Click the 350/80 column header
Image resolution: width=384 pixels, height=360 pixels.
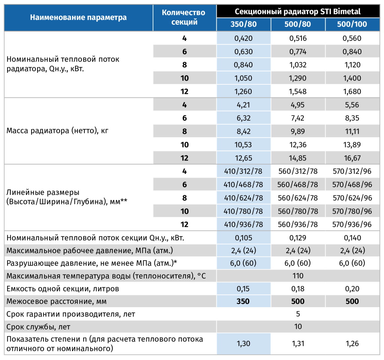pyautogui.click(x=243, y=24)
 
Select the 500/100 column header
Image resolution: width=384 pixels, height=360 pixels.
pyautogui.click(x=352, y=24)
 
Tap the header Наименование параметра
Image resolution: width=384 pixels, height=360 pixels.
pyautogui.click(x=78, y=17)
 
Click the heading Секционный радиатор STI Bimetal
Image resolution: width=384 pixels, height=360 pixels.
pyautogui.click(x=297, y=12)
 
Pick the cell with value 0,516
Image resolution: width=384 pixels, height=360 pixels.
pyautogui.click(x=298, y=38)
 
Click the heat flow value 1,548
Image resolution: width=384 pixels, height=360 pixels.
pyautogui.click(x=298, y=91)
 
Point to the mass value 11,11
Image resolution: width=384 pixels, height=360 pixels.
pyautogui.click(x=352, y=131)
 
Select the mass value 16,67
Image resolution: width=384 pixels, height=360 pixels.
pyautogui.click(x=352, y=158)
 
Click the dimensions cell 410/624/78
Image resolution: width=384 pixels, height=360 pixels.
pyautogui.click(x=243, y=198)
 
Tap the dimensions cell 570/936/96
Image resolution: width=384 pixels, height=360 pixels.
pyautogui.click(x=352, y=224)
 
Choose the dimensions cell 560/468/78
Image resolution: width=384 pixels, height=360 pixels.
pyautogui.click(x=297, y=184)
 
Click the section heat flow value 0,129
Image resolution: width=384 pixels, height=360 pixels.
pyautogui.click(x=298, y=237)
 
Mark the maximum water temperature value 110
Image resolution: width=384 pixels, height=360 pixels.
pyautogui.click(x=298, y=276)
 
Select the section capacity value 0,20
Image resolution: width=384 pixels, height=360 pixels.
pyautogui.click(x=352, y=288)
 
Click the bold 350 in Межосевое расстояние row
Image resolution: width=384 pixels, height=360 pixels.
pyautogui.click(x=243, y=301)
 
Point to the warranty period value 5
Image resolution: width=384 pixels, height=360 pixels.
pyautogui.click(x=298, y=314)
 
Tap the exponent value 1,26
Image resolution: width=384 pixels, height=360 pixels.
pyautogui.click(x=352, y=343)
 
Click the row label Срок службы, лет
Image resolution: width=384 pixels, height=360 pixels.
pyautogui.click(x=38, y=327)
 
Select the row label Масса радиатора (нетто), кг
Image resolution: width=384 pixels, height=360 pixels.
pyautogui.click(x=57, y=131)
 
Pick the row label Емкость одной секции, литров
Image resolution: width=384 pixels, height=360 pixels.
pyautogui.click(x=63, y=289)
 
